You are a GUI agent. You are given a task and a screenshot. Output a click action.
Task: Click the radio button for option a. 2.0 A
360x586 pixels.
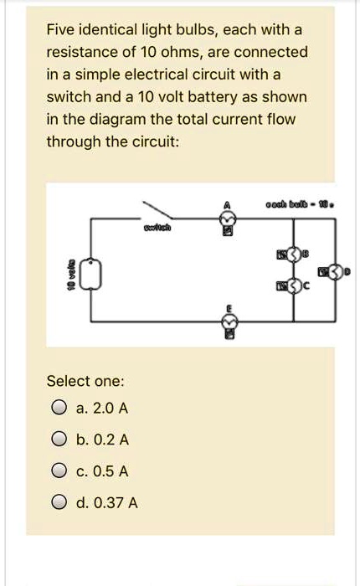tap(58, 409)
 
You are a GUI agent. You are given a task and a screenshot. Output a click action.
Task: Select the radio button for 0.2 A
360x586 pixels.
tap(58, 439)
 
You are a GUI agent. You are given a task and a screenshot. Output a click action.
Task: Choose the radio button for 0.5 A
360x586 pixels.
tap(58, 471)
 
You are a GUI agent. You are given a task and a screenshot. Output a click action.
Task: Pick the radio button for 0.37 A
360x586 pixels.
tap(58, 503)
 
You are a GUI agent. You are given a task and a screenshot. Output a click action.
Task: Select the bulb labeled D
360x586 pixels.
tap(335, 270)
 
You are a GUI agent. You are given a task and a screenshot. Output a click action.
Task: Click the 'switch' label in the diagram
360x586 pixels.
tap(155, 228)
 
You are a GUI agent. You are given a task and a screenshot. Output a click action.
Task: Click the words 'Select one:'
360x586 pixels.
tap(85, 381)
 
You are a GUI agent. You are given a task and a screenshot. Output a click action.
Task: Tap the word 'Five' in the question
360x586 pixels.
tap(62, 30)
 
